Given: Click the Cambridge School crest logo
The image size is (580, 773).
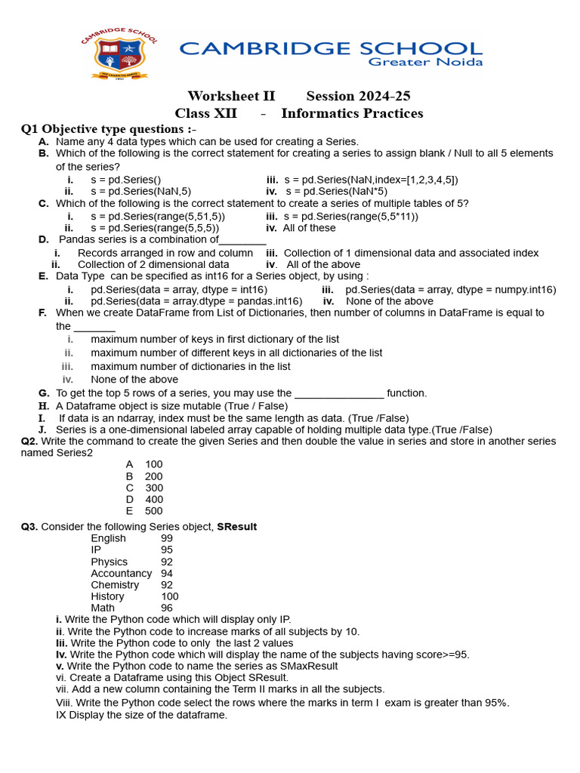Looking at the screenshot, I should (x=120, y=53).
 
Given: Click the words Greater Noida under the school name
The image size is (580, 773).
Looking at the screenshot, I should (x=425, y=62).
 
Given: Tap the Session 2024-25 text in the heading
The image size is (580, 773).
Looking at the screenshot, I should (x=358, y=96).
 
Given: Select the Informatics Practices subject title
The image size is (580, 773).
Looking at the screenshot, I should (x=352, y=113).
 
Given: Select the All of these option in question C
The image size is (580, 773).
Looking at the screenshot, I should (x=310, y=228).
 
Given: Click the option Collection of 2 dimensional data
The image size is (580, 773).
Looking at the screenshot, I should (x=153, y=264).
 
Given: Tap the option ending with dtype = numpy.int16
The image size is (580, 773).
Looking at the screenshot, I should (x=450, y=289).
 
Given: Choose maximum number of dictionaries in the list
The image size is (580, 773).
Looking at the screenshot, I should (x=190, y=366).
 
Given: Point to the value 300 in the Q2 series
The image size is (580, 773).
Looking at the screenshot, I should (x=154, y=488).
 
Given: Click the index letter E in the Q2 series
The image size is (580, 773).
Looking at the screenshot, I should (x=130, y=511).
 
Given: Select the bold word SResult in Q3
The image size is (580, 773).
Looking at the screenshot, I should (x=236, y=527).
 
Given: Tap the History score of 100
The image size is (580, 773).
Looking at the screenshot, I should (x=170, y=596).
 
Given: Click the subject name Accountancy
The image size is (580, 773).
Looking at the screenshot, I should (x=121, y=573).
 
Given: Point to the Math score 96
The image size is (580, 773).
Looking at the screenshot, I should (x=167, y=608).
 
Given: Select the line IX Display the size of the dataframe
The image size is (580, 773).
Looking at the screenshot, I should (x=141, y=714).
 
